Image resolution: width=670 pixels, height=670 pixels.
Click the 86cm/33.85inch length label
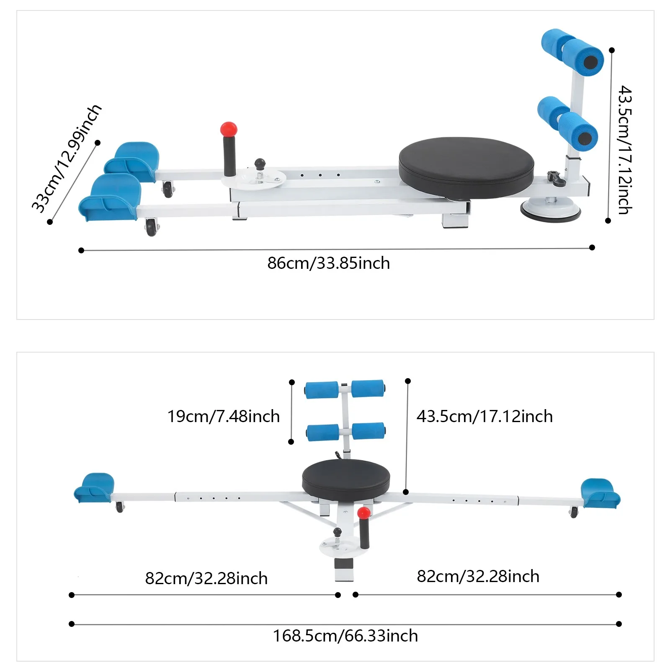click(x=329, y=263)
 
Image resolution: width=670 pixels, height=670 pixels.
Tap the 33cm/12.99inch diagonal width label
click(x=67, y=159)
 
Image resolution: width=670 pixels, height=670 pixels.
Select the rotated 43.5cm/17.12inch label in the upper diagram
click(x=625, y=150)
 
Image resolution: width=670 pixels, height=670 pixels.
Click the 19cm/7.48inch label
click(x=223, y=416)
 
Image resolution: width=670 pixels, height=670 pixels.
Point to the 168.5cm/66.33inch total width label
click(x=345, y=636)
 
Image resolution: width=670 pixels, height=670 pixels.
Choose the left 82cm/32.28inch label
click(x=206, y=578)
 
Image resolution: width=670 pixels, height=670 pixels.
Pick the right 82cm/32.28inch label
click(x=478, y=576)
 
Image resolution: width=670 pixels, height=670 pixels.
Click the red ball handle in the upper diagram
click(x=229, y=129)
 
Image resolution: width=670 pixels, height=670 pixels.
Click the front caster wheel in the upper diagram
click(x=151, y=227)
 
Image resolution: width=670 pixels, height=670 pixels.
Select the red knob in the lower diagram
click(x=363, y=513)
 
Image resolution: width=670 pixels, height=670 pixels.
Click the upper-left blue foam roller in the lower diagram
click(x=322, y=390)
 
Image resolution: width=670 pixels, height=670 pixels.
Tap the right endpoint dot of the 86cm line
click(x=592, y=247)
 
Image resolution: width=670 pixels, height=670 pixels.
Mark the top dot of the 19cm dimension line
click(x=292, y=382)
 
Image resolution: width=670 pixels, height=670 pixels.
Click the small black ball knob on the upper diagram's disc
click(x=260, y=162)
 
